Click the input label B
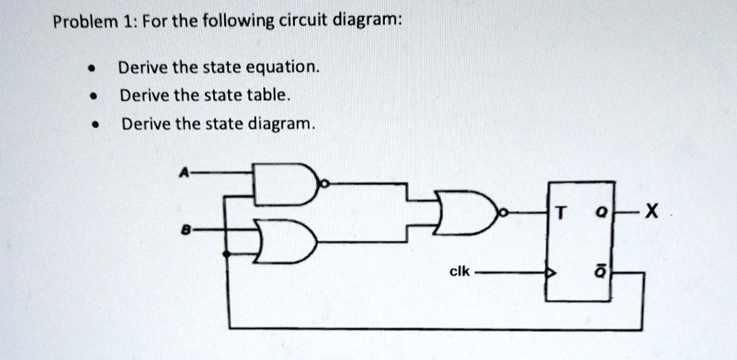tap(186, 230)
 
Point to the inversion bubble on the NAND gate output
tap(324, 184)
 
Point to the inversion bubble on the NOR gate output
tap(505, 213)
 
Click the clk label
tap(459, 271)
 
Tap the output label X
tap(650, 213)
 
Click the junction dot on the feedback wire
tap(227, 254)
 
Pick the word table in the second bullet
tap(268, 96)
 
